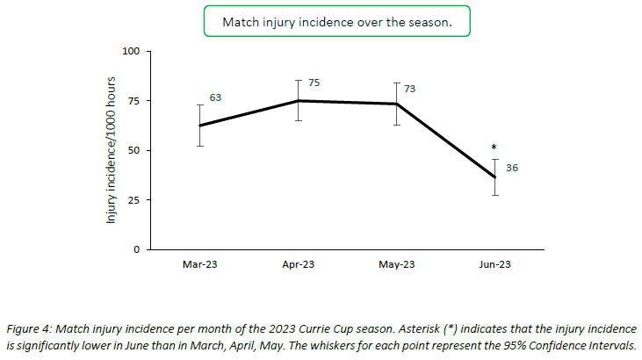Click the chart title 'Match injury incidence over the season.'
(x=337, y=22)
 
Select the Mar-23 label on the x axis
(x=200, y=264)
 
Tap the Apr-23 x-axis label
(x=299, y=264)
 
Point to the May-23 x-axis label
(x=396, y=264)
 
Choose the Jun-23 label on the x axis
(x=495, y=264)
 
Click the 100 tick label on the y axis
(x=132, y=52)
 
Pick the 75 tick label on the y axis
(x=134, y=101)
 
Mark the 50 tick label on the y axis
(x=134, y=150)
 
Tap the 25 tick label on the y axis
(x=134, y=200)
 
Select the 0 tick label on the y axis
(x=137, y=249)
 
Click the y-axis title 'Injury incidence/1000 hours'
(x=112, y=151)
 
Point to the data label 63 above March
(x=214, y=97)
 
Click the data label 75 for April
(x=314, y=83)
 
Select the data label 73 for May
(x=409, y=89)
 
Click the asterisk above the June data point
(x=494, y=148)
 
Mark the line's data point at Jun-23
(x=495, y=177)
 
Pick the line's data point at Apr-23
(x=299, y=101)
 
